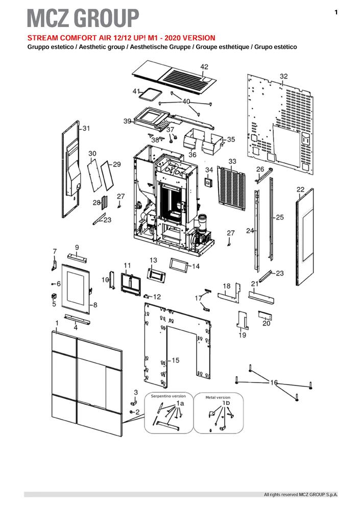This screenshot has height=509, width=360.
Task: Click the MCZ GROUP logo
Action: [83, 18]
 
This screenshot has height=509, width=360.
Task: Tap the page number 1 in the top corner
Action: [336, 12]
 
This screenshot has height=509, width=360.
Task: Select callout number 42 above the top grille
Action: [204, 67]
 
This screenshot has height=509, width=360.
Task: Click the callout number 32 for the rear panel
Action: [283, 76]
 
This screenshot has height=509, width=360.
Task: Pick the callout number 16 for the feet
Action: [274, 382]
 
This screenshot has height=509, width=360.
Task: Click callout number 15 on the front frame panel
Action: [175, 360]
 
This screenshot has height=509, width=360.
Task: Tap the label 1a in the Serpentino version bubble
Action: [180, 403]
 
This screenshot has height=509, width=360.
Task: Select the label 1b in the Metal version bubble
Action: [226, 403]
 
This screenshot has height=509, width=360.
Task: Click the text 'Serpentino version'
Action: [169, 396]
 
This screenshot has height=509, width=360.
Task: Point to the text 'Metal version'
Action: [218, 397]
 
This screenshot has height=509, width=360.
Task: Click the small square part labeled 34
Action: [209, 181]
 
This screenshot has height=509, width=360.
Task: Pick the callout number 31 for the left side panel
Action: [86, 128]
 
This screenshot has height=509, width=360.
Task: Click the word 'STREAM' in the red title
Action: [40, 38]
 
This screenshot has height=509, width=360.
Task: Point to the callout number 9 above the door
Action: [77, 247]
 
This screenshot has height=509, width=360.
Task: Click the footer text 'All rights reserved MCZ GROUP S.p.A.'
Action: [300, 495]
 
